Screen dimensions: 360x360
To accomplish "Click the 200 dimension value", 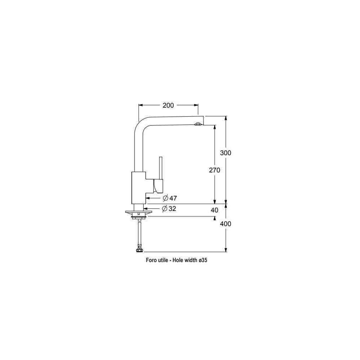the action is tap(168, 105).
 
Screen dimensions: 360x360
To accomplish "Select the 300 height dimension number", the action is tap(225, 153).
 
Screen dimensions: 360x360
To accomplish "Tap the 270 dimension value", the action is tap(215, 170).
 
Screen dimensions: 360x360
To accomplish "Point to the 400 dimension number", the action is tap(225, 224).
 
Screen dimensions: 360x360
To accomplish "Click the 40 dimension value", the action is tap(215, 210).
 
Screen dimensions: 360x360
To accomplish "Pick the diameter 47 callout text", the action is tap(170, 198).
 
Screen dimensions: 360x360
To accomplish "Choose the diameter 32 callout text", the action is tap(169, 209).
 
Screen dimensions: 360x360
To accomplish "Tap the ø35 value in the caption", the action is tap(203, 260).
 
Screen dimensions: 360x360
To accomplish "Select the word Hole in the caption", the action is tap(178, 260).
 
